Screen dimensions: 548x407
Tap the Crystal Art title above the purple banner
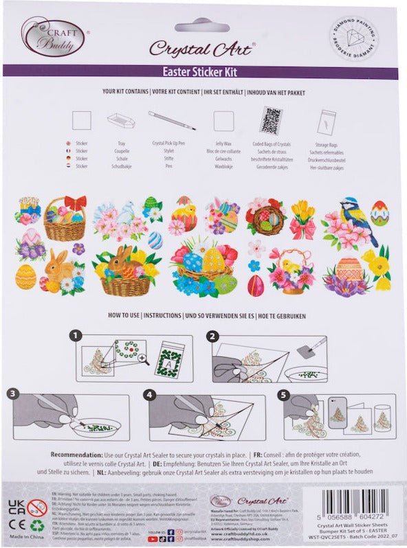[202, 47]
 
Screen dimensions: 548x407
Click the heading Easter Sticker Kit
[203, 71]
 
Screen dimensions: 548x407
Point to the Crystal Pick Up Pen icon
[171, 121]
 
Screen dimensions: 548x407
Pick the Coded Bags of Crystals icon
[271, 120]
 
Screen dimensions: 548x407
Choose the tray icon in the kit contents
[120, 122]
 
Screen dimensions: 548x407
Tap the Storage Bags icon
[327, 122]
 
